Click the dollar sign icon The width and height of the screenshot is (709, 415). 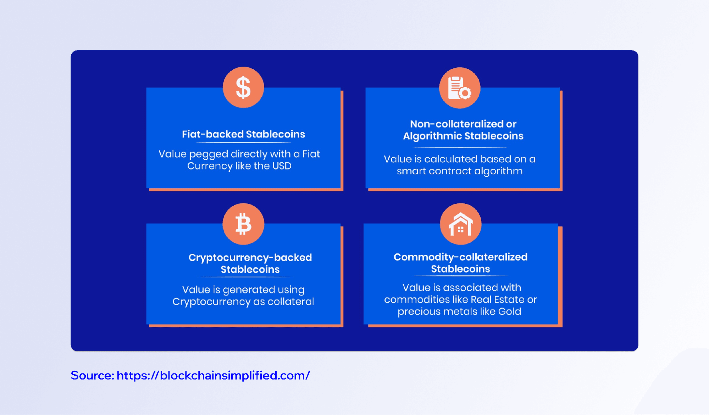click(243, 88)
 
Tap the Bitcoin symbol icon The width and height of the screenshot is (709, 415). click(243, 224)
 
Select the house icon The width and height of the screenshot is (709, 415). click(460, 224)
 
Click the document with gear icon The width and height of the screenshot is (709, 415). click(459, 88)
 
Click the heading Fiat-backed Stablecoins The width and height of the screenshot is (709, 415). click(243, 134)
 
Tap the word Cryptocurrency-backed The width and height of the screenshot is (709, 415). click(250, 258)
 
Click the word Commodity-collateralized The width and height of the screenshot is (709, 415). click(460, 257)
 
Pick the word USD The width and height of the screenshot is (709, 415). click(282, 166)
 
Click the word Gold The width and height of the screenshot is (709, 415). click(509, 312)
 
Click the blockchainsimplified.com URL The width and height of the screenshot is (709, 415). click(213, 375)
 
